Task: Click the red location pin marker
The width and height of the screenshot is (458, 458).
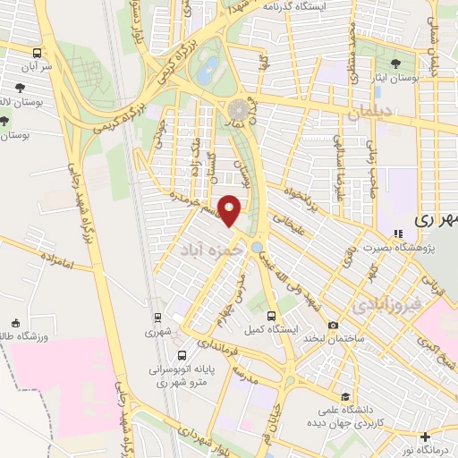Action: (230, 210)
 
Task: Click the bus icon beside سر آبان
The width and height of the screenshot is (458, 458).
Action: (37, 53)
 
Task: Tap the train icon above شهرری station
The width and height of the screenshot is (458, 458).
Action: (157, 317)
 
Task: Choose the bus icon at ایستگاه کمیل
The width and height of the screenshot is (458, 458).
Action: (273, 316)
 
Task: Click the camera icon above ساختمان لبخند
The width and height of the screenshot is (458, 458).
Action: (333, 324)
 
